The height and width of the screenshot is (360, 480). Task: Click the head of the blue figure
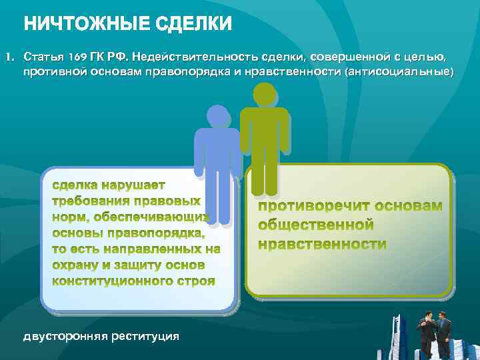point(217,116)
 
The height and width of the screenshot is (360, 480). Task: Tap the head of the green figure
point(265,94)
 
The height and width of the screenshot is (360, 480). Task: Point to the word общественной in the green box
point(316,225)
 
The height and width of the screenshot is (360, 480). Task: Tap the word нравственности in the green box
point(322,245)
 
